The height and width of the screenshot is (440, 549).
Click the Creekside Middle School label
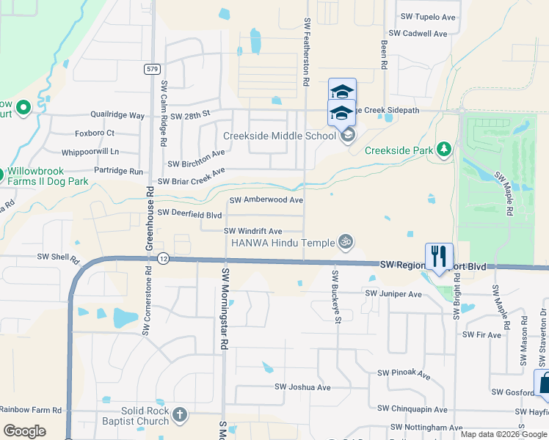coord(280,136)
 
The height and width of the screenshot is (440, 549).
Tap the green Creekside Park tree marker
coord(443,150)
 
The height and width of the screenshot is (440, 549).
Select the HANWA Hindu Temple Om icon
coord(345,241)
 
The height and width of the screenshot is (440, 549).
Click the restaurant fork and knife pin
coord(439,256)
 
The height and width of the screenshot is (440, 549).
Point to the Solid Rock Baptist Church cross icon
coord(180,417)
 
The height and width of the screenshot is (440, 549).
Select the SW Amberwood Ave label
coord(266,199)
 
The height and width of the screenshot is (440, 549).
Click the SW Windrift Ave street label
coord(252,231)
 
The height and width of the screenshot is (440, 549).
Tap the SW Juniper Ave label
coord(394,294)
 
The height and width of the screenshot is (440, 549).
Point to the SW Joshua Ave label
coord(302,387)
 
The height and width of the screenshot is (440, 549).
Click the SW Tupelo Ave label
coord(428,16)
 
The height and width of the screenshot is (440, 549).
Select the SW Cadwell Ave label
coord(418,34)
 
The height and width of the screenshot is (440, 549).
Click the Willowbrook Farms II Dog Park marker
coord(4,175)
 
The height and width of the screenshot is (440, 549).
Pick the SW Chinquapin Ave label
coord(412,408)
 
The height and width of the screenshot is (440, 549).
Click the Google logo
coord(24,431)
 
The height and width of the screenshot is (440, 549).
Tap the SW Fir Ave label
coord(481,334)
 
